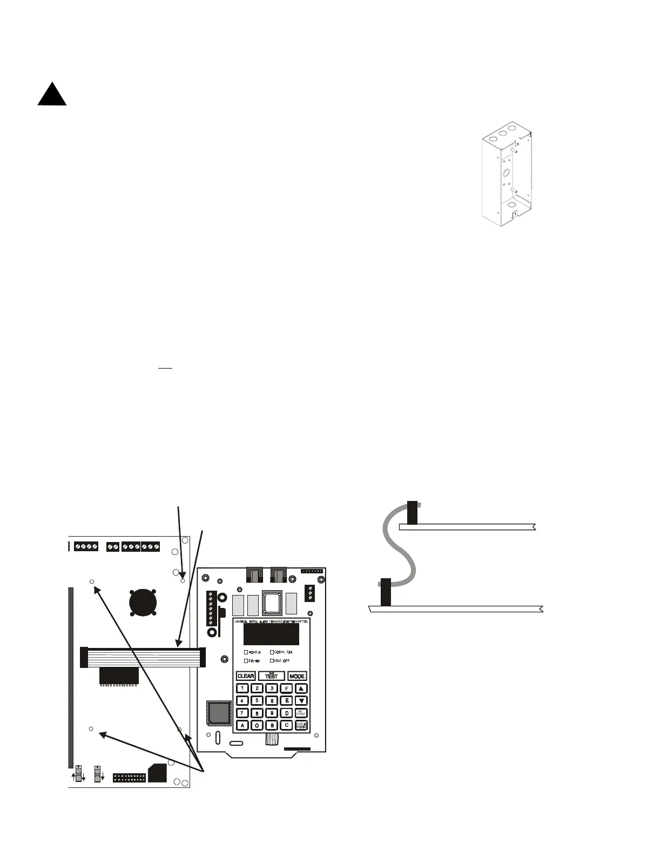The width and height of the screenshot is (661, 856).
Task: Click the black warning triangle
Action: [52, 96]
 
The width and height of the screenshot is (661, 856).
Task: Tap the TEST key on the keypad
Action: [271, 676]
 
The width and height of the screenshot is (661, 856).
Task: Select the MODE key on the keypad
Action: [297, 676]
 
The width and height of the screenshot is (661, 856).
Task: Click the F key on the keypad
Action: [287, 688]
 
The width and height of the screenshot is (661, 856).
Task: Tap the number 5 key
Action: [258, 701]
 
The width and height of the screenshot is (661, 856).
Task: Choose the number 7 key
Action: [242, 713]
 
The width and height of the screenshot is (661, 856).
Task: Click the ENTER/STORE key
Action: [301, 726]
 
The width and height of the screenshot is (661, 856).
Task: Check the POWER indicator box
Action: [247, 652]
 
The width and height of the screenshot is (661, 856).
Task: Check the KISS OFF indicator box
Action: [272, 661]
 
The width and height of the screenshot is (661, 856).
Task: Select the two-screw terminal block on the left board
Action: [113, 547]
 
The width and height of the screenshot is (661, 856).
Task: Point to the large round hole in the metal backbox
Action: [506, 173]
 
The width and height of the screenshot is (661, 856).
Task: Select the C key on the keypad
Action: [287, 726]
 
